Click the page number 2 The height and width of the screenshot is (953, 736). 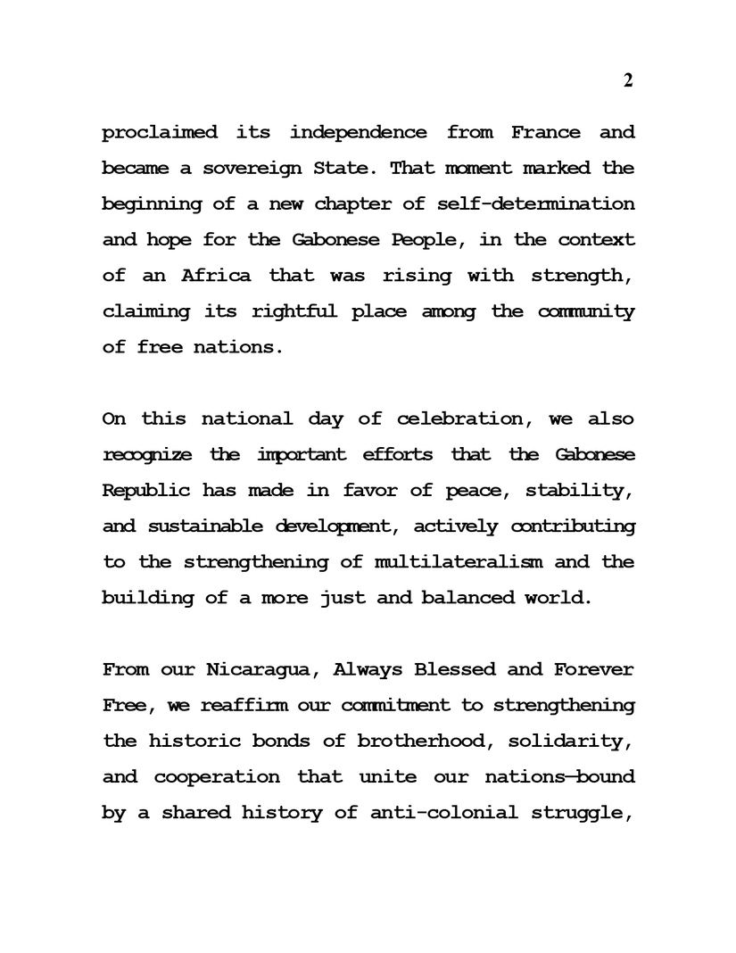coord(627,80)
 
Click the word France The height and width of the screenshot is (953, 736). coord(545,133)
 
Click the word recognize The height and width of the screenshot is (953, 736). coord(147,454)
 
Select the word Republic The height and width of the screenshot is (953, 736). coord(147,490)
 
